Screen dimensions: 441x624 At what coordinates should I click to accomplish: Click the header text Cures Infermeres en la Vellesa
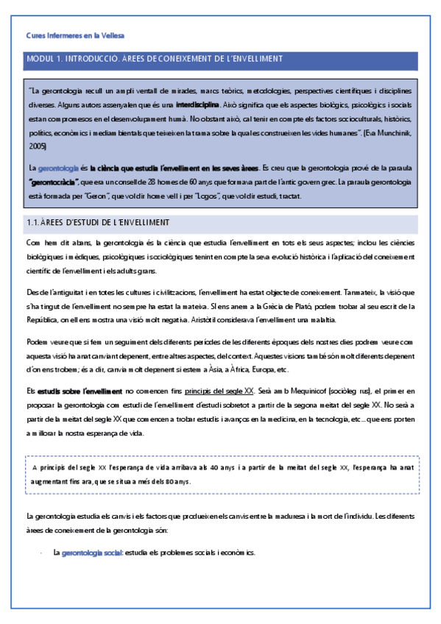[75, 35]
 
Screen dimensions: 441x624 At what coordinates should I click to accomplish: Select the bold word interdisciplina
[197, 104]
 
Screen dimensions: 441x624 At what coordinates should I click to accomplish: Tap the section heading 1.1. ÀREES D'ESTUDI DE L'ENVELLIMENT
[98, 222]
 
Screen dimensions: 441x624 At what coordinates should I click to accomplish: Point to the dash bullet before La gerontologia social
[40, 552]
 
